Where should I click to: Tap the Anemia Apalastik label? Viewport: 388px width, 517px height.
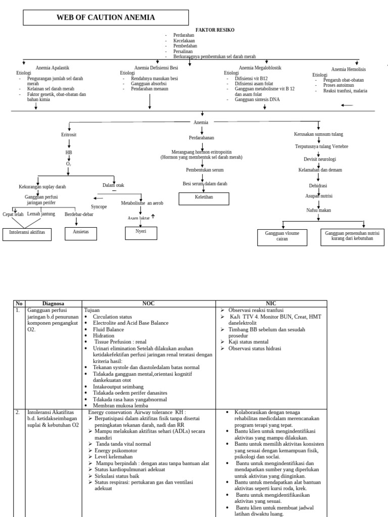pyautogui.click(x=53, y=67)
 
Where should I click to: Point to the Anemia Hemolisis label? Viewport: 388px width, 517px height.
pyautogui.click(x=349, y=69)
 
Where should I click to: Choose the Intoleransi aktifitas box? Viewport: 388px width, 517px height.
pyautogui.click(x=27, y=234)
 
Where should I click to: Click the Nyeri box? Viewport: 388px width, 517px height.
pyautogui.click(x=141, y=233)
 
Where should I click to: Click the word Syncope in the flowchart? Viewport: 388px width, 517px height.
pyautogui.click(x=99, y=207)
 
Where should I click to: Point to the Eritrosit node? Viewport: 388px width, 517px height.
pyautogui.click(x=69, y=135)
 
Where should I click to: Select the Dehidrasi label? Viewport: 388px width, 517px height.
pyautogui.click(x=318, y=185)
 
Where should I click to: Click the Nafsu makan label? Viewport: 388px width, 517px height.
pyautogui.click(x=318, y=210)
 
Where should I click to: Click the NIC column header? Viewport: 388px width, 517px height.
pyautogui.click(x=272, y=303)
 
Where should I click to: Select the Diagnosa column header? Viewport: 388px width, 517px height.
pyautogui.click(x=53, y=303)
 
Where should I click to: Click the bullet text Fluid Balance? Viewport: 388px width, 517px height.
pyautogui.click(x=109, y=329)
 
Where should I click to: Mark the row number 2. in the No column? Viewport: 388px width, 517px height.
pyautogui.click(x=18, y=412)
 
